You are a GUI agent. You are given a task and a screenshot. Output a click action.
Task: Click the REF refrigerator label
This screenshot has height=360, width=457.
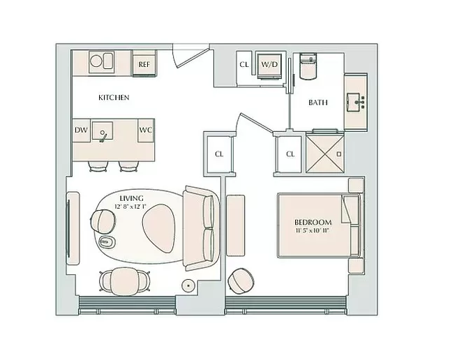[144, 64]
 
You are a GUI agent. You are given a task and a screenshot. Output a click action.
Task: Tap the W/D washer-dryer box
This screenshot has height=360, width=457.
[269, 66]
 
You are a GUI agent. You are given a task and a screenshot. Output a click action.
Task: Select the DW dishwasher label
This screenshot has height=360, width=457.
[81, 130]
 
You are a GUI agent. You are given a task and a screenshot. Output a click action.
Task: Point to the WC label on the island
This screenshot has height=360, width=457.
[145, 130]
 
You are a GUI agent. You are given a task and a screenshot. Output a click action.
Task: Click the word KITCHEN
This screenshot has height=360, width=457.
[114, 98]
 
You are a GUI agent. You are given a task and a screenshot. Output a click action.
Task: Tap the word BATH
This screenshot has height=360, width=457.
[318, 103]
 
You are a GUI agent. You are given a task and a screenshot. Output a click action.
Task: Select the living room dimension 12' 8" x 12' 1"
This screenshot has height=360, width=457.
[130, 207]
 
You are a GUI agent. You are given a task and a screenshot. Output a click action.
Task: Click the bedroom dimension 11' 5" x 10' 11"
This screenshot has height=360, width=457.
[312, 230]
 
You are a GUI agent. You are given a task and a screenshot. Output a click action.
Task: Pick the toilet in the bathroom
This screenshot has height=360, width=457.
[308, 66]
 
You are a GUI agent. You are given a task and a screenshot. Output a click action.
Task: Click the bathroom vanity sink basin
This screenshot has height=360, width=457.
[354, 103]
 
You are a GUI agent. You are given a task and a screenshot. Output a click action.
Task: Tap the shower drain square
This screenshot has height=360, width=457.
[339, 153]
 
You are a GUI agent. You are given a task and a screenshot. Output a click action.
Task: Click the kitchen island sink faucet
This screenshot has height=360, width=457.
[103, 136]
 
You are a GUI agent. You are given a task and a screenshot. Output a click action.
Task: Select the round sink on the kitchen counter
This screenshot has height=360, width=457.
[96, 61]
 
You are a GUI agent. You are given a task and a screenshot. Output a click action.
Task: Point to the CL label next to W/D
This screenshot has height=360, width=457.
[244, 64]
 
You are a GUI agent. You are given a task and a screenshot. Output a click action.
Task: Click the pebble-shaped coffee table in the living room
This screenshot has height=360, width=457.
[159, 228]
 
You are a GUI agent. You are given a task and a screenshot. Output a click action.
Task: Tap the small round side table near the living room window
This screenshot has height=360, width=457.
[188, 285]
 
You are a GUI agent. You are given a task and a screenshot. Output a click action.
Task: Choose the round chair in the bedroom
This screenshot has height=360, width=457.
[241, 280]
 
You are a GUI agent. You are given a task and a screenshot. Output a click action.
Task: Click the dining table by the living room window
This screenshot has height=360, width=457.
[125, 281]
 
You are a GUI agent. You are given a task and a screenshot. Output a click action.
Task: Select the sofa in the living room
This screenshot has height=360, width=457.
[201, 228]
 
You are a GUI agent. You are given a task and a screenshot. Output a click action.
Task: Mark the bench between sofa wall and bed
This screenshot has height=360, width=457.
[236, 225]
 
